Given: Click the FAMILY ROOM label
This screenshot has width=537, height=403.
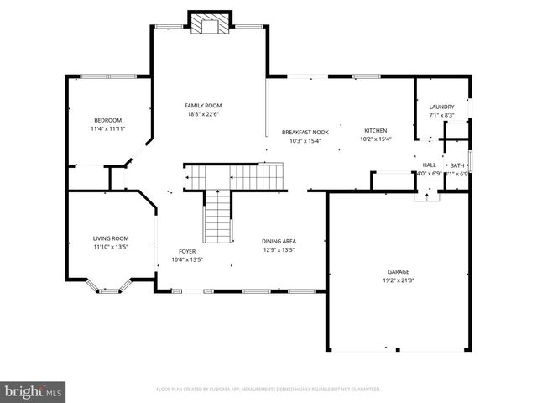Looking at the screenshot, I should click(203, 105).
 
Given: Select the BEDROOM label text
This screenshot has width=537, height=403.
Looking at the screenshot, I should click(107, 120).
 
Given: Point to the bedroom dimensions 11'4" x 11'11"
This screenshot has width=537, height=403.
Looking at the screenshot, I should click(107, 128).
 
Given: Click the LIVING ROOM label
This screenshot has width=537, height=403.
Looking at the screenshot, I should click(110, 238).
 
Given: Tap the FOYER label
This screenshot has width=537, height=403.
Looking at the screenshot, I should click(187, 251).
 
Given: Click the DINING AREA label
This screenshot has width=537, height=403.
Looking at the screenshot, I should click(279, 241).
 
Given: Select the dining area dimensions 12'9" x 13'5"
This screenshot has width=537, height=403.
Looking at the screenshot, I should click(279, 249).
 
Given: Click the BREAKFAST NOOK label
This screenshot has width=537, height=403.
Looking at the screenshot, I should click(305, 132).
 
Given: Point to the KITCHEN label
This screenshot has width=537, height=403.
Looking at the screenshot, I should click(374, 131).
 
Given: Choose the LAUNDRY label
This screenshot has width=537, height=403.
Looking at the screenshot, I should click(441, 107).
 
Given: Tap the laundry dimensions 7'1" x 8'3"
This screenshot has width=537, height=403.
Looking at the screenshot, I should click(441, 115).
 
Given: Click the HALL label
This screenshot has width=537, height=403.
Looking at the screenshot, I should click(429, 165).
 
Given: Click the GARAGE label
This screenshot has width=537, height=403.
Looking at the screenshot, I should click(398, 271).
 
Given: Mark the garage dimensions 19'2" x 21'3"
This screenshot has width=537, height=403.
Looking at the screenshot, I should click(398, 280).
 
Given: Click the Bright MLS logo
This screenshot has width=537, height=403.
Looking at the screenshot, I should click(34, 390).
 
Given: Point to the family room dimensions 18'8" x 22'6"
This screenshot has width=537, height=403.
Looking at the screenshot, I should click(203, 113).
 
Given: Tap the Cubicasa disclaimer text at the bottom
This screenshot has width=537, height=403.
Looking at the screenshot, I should click(268, 390).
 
